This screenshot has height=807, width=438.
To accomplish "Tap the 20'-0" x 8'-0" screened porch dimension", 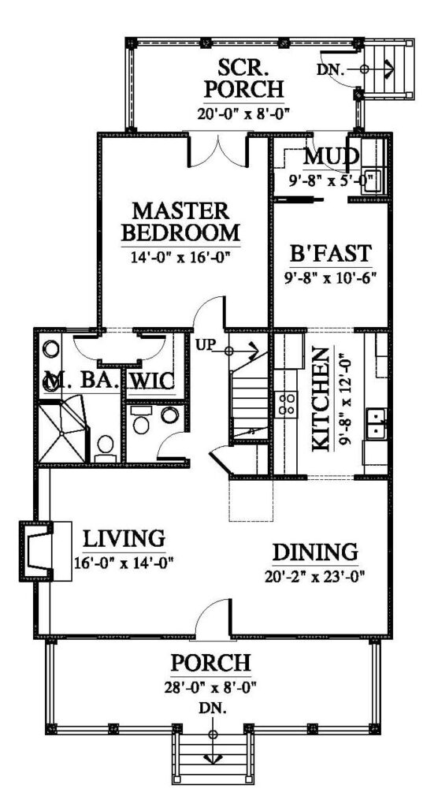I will coord(243,113).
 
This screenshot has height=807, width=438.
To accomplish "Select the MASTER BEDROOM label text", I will coord(185,222).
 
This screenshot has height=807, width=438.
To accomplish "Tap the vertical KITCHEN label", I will coord(321,401).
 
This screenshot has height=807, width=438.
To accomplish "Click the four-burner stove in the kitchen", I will coord(287,404).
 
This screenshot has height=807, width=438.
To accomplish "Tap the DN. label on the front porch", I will coord(213,709).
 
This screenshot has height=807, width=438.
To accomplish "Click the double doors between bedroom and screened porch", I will coord(217,150).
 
